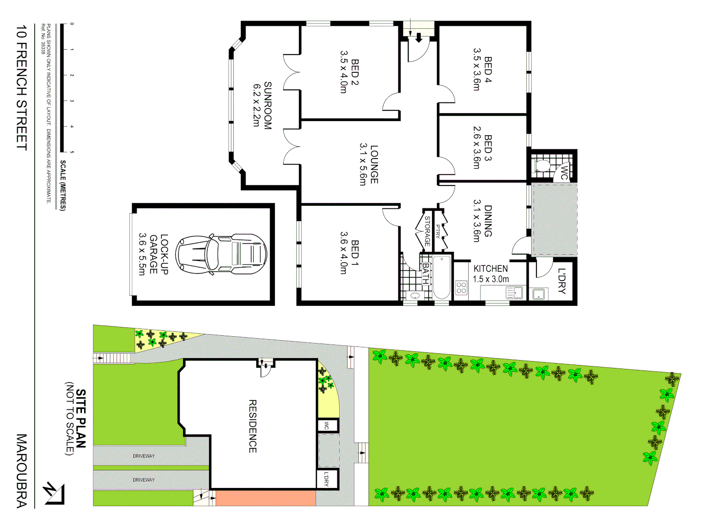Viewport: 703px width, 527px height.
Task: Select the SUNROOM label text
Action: coord(262,105)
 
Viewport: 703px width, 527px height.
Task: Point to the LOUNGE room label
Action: coord(369,164)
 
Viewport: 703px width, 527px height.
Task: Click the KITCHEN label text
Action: coord(491,269)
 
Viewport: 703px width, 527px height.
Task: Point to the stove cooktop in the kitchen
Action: coord(461,288)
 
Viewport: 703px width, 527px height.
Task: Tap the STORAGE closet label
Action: coord(427,230)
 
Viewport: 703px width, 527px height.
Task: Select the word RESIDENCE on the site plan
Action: coord(253,426)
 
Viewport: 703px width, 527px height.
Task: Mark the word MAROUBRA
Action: coord(21,470)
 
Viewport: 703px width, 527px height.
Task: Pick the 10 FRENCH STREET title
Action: coord(21,88)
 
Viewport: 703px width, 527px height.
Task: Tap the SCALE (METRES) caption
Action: coord(63,185)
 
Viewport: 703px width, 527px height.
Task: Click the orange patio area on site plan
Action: coord(266,498)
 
